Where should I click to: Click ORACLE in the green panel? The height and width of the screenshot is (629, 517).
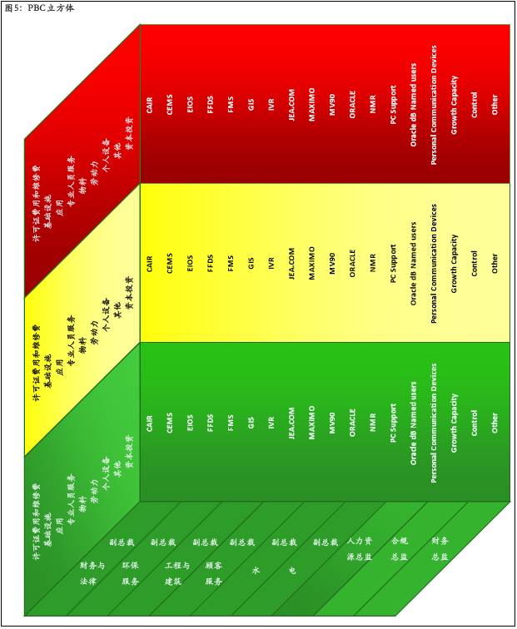(x=352, y=422)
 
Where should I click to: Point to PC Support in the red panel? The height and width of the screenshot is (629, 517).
(x=393, y=103)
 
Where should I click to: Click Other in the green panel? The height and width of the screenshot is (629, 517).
(x=495, y=423)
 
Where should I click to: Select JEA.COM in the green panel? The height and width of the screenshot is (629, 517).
(x=291, y=423)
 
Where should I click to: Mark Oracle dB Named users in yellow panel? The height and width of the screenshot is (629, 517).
(x=413, y=264)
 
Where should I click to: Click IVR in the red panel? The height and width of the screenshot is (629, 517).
(x=271, y=106)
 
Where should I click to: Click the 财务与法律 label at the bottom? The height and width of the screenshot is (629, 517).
(x=92, y=573)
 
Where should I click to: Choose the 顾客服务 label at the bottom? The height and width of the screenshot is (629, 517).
(x=213, y=572)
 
